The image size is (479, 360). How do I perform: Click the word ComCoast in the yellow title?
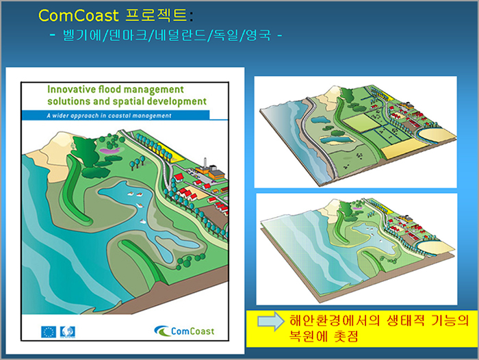[x=79, y=16]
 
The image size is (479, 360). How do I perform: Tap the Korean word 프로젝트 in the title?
[x=156, y=15]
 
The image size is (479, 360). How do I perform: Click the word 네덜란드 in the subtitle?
[x=181, y=35]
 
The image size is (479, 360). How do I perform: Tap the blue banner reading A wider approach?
[x=116, y=115]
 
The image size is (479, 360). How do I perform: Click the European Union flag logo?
[x=49, y=332]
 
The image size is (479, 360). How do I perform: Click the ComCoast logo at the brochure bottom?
[x=184, y=331]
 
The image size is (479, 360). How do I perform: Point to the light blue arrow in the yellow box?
[x=271, y=321]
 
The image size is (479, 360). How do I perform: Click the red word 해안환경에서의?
[x=335, y=320]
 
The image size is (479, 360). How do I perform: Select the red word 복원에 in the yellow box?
[x=309, y=336]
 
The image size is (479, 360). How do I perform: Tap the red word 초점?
[x=346, y=336]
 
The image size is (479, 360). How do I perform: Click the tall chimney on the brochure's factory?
[x=205, y=163]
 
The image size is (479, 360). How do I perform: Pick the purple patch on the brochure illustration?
[x=110, y=151]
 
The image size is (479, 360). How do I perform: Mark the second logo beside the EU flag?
[x=68, y=332]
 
